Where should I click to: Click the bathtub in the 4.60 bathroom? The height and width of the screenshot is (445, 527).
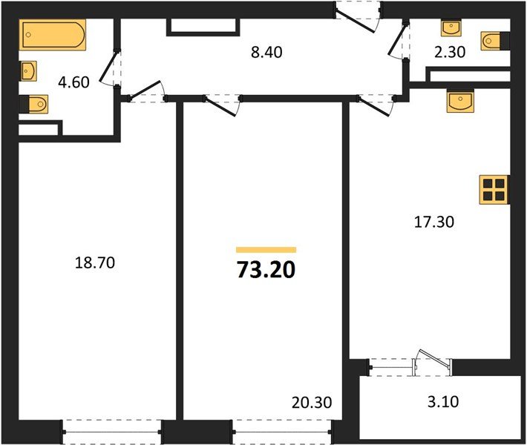point(53,35)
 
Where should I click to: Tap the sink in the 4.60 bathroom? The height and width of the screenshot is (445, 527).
point(28,71)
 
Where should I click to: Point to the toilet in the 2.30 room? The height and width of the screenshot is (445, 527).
point(494,42)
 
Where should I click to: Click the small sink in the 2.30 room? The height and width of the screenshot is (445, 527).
point(452,28)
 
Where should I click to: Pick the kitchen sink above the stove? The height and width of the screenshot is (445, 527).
point(461,101)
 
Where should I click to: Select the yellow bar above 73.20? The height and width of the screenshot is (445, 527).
point(266,250)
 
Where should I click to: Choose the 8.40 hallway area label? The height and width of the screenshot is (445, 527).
point(266,52)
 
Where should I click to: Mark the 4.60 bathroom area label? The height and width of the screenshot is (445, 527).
point(73,82)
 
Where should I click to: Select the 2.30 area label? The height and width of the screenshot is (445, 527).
point(452,52)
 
